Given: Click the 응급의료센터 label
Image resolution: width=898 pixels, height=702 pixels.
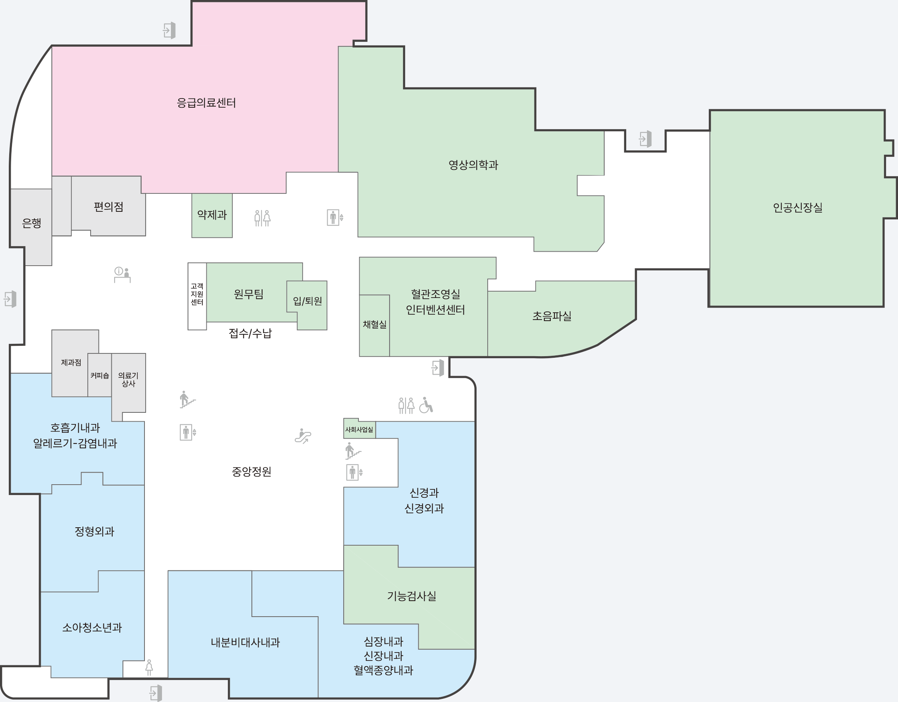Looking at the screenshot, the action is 206,103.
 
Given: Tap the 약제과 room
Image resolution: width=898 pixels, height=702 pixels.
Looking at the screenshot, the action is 212,215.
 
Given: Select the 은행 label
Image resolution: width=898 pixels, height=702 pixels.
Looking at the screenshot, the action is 31,223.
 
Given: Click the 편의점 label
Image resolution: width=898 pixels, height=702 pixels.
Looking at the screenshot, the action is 109,207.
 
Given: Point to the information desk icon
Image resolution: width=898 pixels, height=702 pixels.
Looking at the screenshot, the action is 122,274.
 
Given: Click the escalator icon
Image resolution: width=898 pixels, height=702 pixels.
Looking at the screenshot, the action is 303,436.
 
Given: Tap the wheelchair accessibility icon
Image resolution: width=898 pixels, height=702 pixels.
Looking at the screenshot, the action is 426,405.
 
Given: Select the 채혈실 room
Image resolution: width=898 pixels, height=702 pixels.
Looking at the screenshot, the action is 374,325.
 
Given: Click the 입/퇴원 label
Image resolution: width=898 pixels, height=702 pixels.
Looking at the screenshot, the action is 307,301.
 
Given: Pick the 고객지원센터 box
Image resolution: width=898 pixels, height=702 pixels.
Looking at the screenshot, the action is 197,296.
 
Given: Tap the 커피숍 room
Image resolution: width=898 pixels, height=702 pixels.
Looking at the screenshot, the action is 99,375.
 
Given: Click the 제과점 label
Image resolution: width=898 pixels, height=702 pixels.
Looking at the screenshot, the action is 71,363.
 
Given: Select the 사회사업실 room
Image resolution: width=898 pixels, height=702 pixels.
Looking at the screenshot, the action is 359,429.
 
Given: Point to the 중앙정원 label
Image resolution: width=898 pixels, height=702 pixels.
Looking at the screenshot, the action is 251,471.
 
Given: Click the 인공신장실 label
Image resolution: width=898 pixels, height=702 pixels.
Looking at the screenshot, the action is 798,207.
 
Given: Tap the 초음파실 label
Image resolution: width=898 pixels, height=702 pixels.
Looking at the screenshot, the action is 552,316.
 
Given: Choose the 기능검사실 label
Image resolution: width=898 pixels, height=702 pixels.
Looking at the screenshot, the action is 411,596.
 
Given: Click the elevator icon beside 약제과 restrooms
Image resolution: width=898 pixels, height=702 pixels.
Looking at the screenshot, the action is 335,217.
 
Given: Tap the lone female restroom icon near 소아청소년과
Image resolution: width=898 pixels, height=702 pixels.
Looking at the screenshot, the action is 149,667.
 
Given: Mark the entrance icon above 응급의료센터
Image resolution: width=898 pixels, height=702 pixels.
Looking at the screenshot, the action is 169,30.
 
